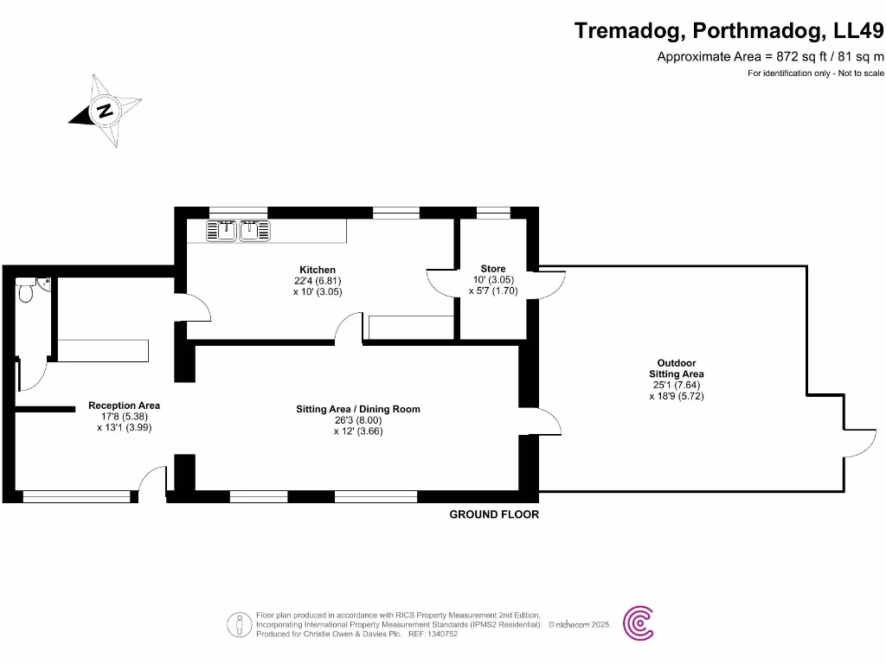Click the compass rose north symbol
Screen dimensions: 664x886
[x=106, y=112]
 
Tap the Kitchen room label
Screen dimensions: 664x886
[x=318, y=270]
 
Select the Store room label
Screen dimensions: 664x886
[x=493, y=269]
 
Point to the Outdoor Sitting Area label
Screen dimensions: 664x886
[x=677, y=368]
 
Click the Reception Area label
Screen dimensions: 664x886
[x=125, y=405]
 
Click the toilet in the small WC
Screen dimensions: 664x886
[x=26, y=294]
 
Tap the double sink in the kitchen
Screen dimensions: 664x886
[x=239, y=230]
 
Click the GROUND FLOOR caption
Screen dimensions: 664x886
[x=494, y=514]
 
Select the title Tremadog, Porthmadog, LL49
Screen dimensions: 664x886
[x=729, y=31]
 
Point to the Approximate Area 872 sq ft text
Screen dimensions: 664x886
[x=771, y=57]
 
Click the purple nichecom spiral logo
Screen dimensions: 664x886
[x=639, y=622]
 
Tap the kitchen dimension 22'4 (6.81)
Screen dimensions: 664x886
[x=318, y=281]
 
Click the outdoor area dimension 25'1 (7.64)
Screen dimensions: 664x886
[x=677, y=386]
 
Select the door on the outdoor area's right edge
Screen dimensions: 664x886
[x=856, y=441]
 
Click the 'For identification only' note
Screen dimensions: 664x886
[x=815, y=73]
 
